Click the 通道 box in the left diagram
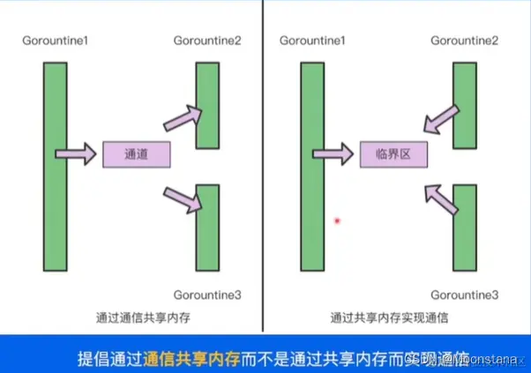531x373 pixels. click(x=136, y=154)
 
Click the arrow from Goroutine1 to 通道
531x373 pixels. click(x=78, y=154)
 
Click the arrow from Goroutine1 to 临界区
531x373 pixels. click(x=336, y=154)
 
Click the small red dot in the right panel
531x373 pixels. click(x=337, y=220)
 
